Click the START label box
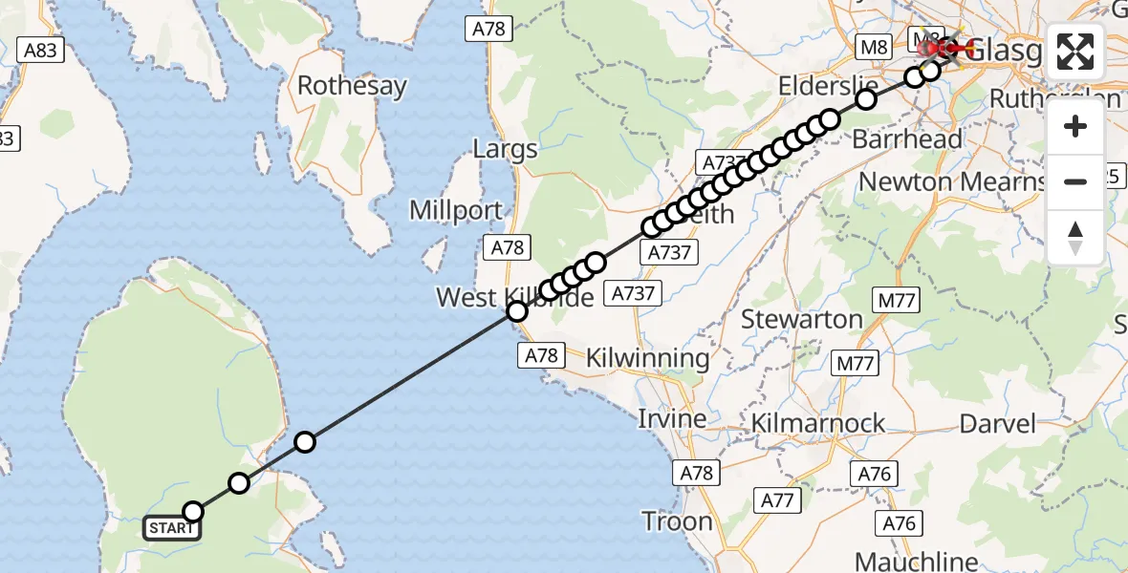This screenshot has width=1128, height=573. tap(172, 528)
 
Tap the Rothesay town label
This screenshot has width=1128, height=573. tap(352, 86)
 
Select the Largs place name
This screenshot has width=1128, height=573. tap(505, 149)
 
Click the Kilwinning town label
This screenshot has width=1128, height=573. tap(647, 359)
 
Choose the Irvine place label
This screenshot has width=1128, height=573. tap(674, 418)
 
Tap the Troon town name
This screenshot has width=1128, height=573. tap(678, 521)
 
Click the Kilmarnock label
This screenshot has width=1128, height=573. tap(818, 423)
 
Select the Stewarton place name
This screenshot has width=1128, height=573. tap(802, 319)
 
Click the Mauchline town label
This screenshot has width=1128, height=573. tap(917, 561)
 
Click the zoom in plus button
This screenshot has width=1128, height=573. tap(1075, 126)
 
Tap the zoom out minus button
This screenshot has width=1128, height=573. tap(1075, 181)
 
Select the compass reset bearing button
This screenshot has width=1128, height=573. tap(1075, 237)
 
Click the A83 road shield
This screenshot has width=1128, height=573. tap(40, 51)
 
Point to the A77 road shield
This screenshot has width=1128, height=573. tap(777, 499)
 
